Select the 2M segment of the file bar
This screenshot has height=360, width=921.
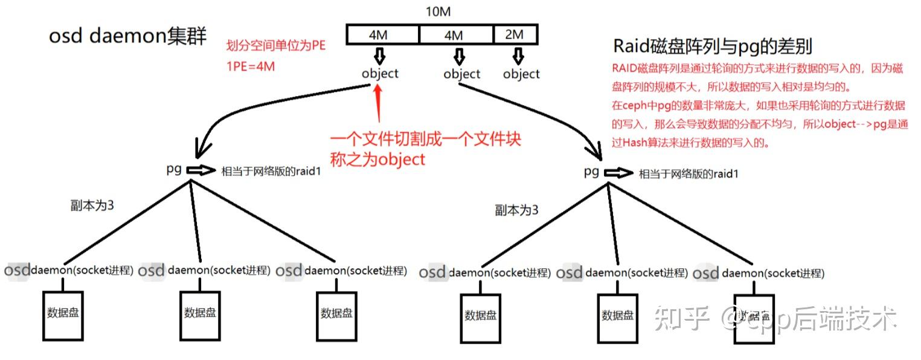pos(514,35)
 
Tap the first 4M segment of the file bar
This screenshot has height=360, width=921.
pos(382,35)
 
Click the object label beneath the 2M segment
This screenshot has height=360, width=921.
pos(521,74)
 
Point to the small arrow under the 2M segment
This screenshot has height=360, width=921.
pos(518,57)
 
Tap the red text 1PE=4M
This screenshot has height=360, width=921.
pos(250,66)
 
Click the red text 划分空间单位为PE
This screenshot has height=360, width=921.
pos(275,47)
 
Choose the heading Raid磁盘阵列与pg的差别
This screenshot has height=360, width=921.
pos(713,47)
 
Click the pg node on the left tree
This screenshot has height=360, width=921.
pos(174,169)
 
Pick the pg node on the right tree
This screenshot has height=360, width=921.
pos(591,172)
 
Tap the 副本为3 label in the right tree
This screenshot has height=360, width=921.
pos(516,210)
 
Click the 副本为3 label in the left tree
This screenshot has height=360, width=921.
pos(92,205)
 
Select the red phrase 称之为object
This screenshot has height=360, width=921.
pos(377,159)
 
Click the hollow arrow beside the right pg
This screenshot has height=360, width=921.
pos(618,173)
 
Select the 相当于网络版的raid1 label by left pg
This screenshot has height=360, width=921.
pos(269,171)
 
